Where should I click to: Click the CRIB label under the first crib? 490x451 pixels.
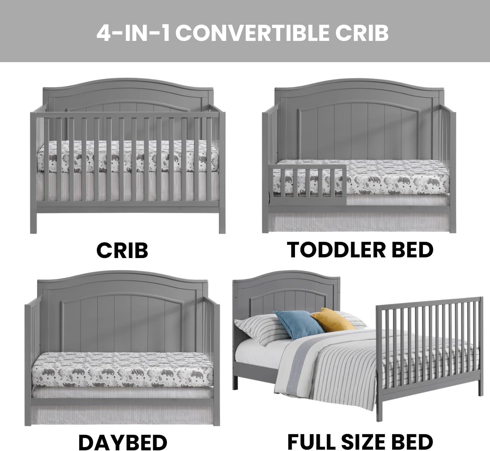(122, 251)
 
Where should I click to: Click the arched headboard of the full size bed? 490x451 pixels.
(287, 288)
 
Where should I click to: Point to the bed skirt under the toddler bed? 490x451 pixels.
(359, 222)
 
